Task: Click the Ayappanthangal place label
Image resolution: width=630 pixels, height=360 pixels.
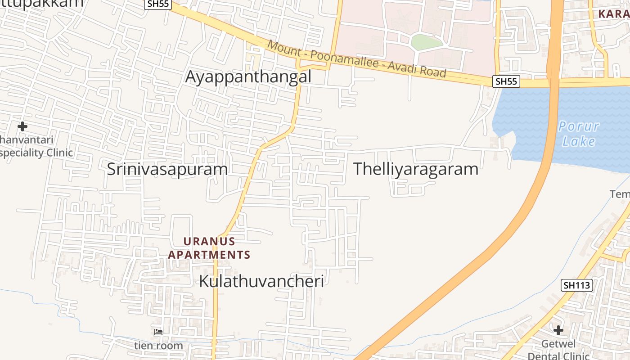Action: coord(248,77)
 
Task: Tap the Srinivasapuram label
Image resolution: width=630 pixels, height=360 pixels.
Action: coord(167,169)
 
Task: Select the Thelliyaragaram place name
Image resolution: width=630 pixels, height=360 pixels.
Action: coord(415,169)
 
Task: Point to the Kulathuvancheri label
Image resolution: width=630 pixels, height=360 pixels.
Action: coord(261,281)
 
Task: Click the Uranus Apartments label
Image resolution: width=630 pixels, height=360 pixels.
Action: coord(209,248)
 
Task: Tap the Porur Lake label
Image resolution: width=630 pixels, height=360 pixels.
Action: coord(579,134)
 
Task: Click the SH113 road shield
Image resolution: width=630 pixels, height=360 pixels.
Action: coord(577,285)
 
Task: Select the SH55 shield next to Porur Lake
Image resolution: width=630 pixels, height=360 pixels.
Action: coord(506,81)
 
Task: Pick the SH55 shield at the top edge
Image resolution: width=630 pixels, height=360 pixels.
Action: coord(157,4)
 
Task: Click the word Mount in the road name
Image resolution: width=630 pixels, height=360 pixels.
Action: coord(283,48)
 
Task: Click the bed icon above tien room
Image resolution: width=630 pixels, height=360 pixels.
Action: coord(158,333)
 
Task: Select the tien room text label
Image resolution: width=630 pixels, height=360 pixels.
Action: coord(158,346)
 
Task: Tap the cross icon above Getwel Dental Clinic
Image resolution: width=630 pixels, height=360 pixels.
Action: coord(558,330)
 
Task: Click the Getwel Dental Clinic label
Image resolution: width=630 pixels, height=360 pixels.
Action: coord(558,350)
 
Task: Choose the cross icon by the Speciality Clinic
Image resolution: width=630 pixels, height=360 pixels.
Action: coord(22,126)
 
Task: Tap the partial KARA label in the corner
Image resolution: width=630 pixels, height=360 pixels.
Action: coord(614,14)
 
